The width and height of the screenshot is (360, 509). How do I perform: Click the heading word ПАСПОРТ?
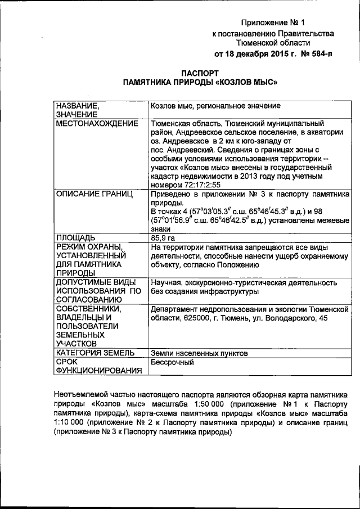201,73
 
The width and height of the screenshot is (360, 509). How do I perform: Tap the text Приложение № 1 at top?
272,23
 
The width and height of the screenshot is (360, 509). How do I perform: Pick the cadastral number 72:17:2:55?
199,184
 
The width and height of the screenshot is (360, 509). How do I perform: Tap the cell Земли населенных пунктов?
199,353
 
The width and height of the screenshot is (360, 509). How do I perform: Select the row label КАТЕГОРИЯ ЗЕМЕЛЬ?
94,353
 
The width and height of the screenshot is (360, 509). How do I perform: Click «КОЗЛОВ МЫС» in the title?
244,82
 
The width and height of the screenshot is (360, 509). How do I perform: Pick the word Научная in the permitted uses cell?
166,282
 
